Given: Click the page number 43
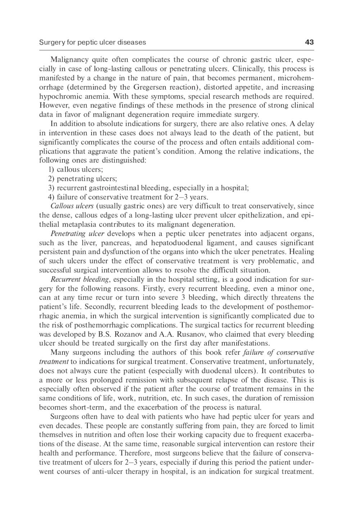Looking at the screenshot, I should click(309, 42).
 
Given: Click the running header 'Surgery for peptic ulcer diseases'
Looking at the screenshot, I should click(92, 42).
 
